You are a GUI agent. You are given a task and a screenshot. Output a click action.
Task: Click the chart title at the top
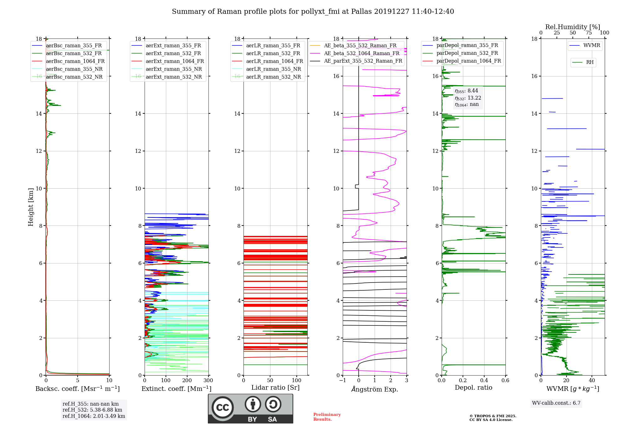[x=313, y=12]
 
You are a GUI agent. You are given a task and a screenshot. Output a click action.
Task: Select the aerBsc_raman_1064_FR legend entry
[x=68, y=61]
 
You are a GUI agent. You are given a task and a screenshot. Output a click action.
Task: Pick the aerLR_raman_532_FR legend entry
[x=268, y=53]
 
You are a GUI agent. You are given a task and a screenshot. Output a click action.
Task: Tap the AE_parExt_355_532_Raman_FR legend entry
[x=356, y=61]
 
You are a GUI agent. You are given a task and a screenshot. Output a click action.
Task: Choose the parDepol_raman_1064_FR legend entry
[x=462, y=61]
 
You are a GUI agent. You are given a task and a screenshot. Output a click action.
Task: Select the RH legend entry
[x=583, y=62]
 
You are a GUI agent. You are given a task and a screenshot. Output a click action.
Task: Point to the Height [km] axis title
[x=31, y=207]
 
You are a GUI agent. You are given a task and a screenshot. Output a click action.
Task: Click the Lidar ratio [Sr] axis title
[x=275, y=387]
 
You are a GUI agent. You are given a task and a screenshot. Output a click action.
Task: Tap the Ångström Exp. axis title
[x=375, y=389]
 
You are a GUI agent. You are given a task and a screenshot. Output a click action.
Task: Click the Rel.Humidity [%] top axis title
[x=573, y=27]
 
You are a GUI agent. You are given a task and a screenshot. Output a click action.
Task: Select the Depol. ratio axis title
[x=474, y=387]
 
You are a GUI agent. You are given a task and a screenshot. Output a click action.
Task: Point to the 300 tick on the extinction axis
[x=208, y=380]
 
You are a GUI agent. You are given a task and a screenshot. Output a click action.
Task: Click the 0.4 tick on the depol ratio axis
[x=484, y=380]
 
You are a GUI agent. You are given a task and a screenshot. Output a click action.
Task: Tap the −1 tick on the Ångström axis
[x=343, y=380]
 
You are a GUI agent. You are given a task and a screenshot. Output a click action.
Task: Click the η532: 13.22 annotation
[x=468, y=98]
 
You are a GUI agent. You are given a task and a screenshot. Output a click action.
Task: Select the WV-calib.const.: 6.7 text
[x=556, y=403]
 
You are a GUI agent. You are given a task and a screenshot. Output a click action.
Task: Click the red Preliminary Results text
[x=327, y=417]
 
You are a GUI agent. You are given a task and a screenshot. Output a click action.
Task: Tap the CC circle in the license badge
[x=223, y=408]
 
